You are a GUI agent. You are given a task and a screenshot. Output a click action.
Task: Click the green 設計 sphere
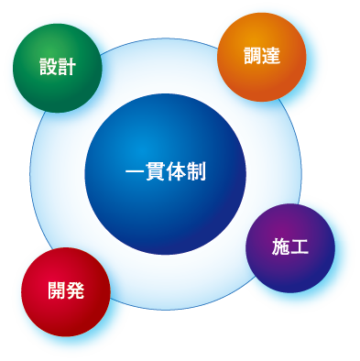(57, 68)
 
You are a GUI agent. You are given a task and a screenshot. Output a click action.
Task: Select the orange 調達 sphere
(261, 56)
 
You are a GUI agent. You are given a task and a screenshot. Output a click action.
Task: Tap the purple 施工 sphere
(290, 247)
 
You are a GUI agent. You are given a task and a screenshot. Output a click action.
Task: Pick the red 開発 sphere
(66, 291)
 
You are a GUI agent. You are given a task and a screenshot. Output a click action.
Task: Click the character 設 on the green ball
(47, 68)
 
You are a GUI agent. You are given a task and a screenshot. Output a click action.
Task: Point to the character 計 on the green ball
(66, 68)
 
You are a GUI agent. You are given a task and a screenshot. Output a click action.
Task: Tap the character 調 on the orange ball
(251, 56)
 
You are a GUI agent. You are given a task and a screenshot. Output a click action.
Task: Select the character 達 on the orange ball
(270, 56)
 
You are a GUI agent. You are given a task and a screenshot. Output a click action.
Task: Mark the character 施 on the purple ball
(280, 246)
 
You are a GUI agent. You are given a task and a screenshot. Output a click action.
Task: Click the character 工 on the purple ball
(300, 246)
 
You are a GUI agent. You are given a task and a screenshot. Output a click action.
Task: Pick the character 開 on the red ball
(57, 291)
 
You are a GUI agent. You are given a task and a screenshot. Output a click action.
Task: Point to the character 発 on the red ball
(75, 291)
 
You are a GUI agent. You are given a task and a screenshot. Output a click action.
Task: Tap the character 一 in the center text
(134, 171)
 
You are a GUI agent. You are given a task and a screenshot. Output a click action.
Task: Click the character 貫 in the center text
(155, 171)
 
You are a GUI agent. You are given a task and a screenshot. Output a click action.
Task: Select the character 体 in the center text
(176, 171)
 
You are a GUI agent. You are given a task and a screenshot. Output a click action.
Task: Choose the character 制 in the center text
(196, 171)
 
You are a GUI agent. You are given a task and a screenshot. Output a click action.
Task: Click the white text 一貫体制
(165, 171)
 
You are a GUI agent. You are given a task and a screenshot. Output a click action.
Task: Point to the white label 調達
(261, 56)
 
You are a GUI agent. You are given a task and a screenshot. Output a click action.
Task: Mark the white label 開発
(66, 291)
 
